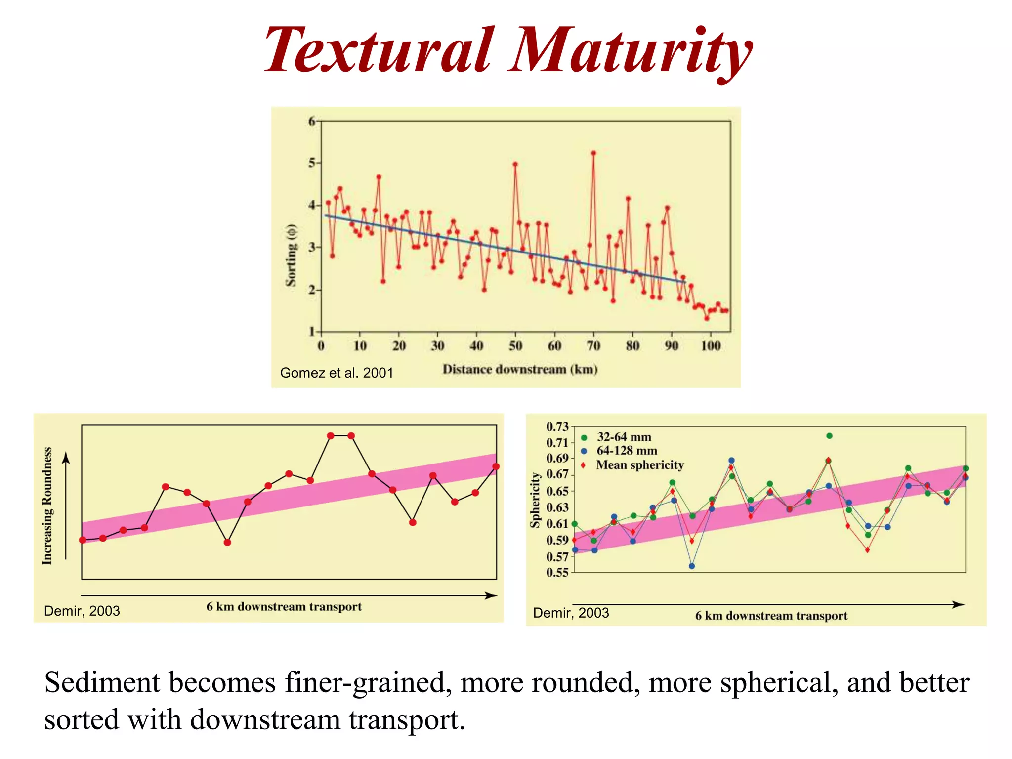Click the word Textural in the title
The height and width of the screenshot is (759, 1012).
tap(379, 51)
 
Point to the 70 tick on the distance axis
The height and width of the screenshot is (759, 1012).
tap(593, 345)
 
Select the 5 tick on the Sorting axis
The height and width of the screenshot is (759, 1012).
tap(312, 163)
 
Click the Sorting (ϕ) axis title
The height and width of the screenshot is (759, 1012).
tap(291, 255)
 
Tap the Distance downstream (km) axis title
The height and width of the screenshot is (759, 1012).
tap(520, 369)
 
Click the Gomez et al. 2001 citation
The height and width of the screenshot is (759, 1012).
tap(337, 373)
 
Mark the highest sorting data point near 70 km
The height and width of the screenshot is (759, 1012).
tap(593, 153)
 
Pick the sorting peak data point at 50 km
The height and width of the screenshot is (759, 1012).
tap(515, 164)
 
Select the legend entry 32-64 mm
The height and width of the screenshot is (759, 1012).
tap(624, 437)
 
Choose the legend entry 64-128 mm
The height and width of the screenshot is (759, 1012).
tap(627, 451)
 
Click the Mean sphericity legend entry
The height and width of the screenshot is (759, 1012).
tap(639, 465)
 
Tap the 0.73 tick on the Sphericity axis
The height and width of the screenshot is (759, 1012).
tap(557, 426)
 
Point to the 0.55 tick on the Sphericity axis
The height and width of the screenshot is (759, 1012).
tap(557, 573)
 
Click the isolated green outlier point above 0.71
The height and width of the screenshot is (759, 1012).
tap(829, 436)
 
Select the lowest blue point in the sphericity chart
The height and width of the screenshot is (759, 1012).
tap(692, 566)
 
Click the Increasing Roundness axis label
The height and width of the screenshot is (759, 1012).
tap(47, 506)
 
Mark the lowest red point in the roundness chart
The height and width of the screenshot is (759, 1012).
tap(227, 543)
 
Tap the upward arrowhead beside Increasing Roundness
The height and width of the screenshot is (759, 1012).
tap(66, 459)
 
